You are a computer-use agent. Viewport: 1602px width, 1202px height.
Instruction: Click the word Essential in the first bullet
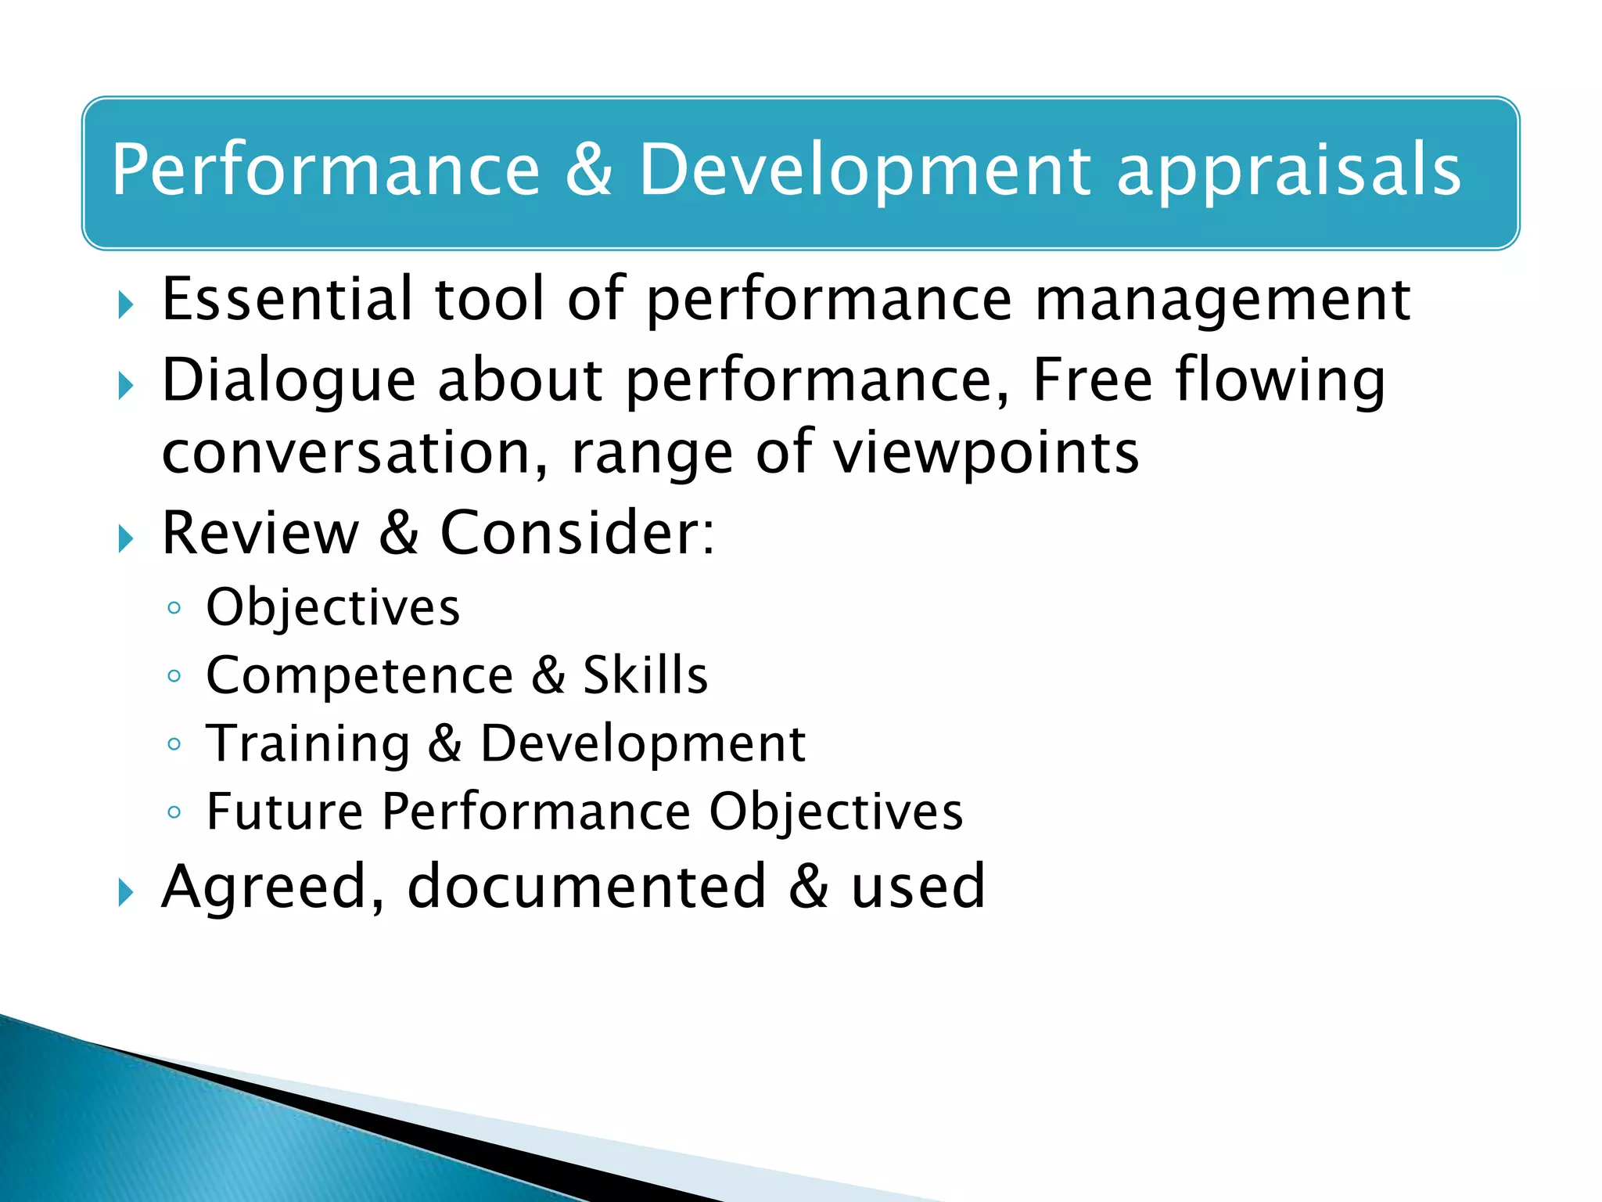tap(286, 299)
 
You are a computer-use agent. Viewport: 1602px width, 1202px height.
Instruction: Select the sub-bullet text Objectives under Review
tap(332, 607)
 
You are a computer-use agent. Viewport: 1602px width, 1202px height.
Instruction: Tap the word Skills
tap(645, 675)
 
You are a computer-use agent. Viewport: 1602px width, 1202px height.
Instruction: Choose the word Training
tap(307, 743)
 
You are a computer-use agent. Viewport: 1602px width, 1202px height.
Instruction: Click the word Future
tap(285, 811)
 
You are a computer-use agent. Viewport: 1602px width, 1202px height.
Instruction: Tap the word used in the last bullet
tap(918, 887)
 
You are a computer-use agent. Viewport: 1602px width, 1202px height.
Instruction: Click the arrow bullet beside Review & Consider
tap(126, 538)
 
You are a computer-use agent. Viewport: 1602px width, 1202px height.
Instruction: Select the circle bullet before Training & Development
tap(174, 743)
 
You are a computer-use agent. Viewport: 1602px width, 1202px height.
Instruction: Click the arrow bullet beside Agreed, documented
tap(126, 892)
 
